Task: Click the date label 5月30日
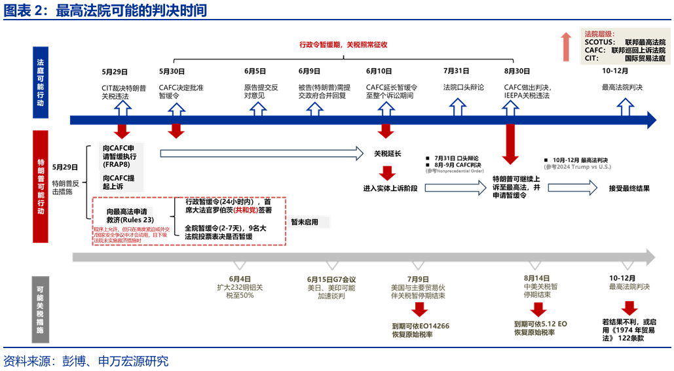click(x=172, y=71)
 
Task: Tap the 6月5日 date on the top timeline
click(x=255, y=71)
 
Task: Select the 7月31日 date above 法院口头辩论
click(x=456, y=71)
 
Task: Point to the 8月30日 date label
click(x=517, y=71)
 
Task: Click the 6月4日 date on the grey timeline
click(x=240, y=278)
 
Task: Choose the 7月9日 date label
click(x=418, y=278)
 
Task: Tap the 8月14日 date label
click(x=536, y=278)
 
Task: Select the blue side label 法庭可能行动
click(x=41, y=82)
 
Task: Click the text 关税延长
click(x=387, y=154)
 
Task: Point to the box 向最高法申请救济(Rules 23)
click(x=130, y=216)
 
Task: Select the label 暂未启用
click(x=305, y=222)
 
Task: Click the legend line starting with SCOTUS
click(x=625, y=42)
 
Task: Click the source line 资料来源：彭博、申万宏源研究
click(x=86, y=361)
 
